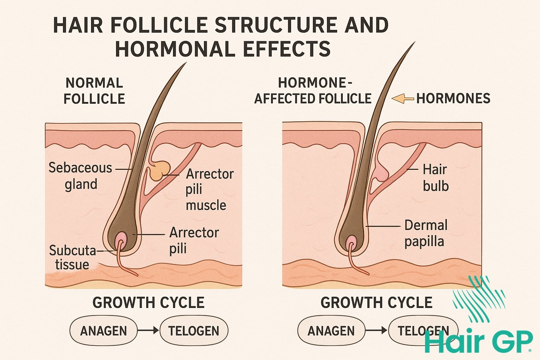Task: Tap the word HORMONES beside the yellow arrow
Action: [x=453, y=99]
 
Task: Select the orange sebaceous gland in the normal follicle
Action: [x=159, y=171]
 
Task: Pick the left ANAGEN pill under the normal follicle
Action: [x=103, y=331]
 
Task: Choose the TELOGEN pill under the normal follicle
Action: [x=194, y=331]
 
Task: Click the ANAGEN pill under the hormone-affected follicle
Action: [x=331, y=331]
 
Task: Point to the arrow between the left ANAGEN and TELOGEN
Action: [x=148, y=330]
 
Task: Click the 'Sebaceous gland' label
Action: [x=80, y=176]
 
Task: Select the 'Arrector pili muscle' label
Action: [x=210, y=189]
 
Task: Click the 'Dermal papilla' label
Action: [x=426, y=233]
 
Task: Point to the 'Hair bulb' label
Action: [x=435, y=178]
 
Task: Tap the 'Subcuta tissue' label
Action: [x=72, y=257]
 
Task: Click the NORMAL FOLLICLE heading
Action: [x=94, y=91]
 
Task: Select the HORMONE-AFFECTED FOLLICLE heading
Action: [x=313, y=91]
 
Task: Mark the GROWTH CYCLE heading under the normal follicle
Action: [x=148, y=303]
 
